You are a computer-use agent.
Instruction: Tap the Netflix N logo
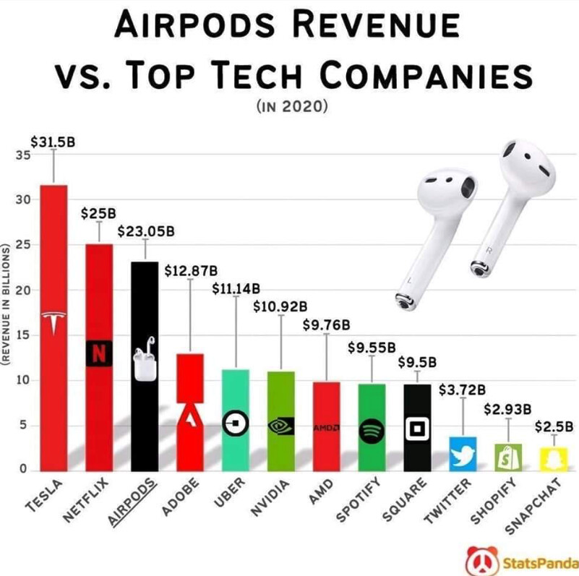pos(99,353)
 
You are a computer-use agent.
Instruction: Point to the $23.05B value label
pos(146,232)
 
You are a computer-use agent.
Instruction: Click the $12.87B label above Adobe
pos(191,271)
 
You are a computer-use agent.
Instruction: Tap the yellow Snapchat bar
pos(554,458)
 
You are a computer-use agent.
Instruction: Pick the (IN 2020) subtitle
pos(292,107)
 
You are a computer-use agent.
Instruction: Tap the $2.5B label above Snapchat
pos(554,426)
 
